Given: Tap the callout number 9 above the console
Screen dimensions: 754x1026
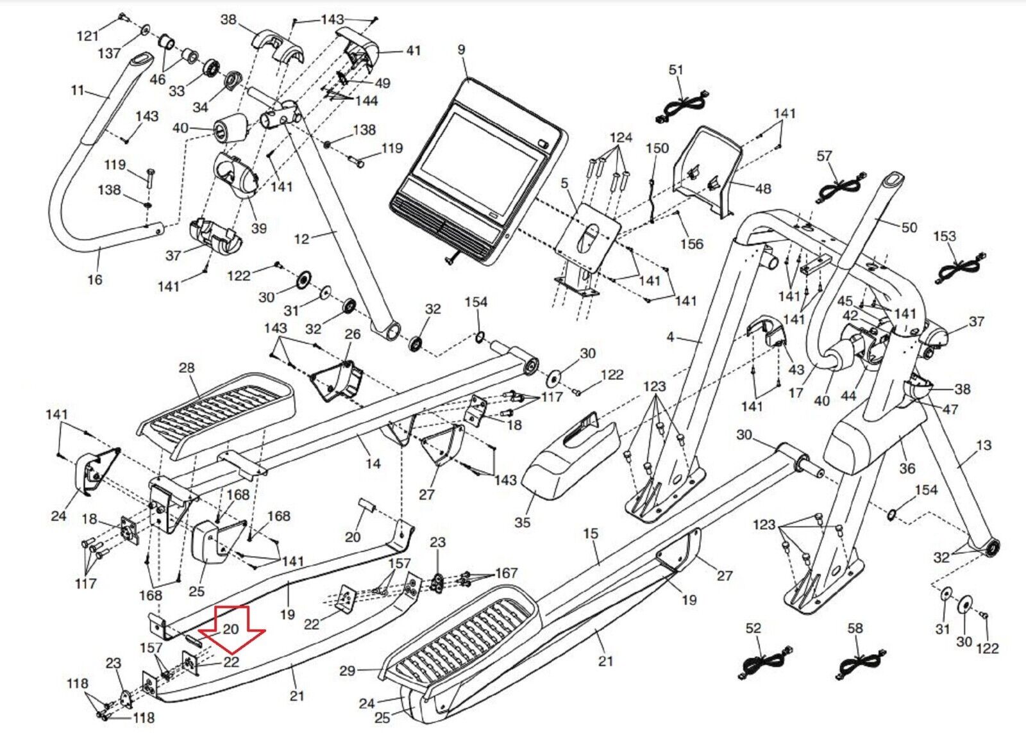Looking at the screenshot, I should click(461, 50).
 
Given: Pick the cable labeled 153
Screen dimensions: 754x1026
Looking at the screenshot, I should click(961, 268).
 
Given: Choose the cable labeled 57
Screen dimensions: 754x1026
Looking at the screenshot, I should click(840, 189).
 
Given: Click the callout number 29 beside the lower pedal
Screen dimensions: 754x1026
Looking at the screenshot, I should click(347, 671).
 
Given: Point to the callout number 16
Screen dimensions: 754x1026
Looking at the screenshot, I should click(95, 279).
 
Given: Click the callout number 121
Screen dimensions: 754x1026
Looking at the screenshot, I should click(87, 36).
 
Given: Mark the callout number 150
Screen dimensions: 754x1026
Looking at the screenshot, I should click(657, 148).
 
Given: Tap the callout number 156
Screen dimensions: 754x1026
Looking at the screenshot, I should click(692, 244).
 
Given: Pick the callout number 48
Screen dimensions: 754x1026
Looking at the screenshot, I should click(763, 188).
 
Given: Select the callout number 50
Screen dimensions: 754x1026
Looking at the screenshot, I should click(909, 227).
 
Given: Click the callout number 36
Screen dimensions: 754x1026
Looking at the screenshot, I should click(907, 468).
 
